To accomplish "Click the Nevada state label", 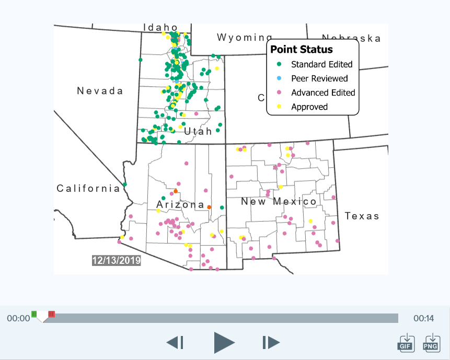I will (100, 91).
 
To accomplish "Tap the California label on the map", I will (88, 189).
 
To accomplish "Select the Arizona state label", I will (181, 204).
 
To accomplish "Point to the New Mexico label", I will (279, 201).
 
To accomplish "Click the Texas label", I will (362, 216).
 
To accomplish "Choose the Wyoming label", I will (245, 38).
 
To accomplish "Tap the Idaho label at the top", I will (160, 27).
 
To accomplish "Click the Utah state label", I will (198, 131).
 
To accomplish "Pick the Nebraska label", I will (351, 38).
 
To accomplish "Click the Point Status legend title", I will (302, 50).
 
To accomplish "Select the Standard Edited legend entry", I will (321, 64).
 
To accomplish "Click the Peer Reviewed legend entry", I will (319, 78).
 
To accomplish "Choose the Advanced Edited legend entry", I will (323, 92).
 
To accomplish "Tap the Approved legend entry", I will (309, 107).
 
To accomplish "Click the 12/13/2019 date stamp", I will (116, 260).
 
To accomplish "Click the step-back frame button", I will (175, 343).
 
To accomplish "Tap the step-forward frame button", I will (271, 343).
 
